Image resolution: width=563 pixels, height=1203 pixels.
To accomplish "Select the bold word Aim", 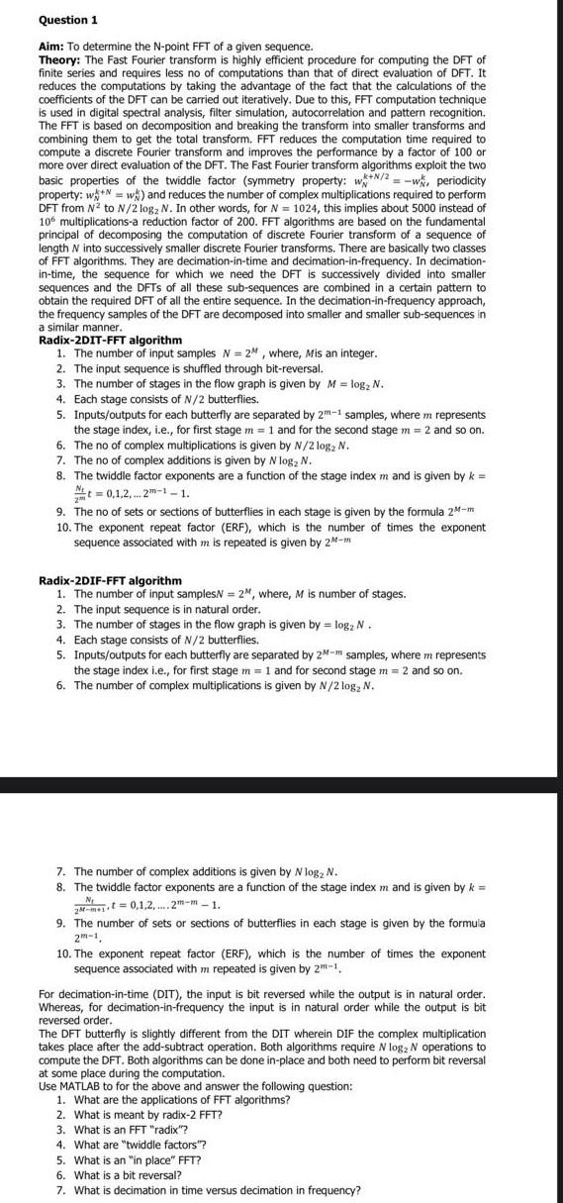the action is [x=51, y=47].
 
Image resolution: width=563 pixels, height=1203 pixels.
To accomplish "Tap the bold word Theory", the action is [x=63, y=59].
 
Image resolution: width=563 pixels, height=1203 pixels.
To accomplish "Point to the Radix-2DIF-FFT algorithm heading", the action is [x=96, y=580].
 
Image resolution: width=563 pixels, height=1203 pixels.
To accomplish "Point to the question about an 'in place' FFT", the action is [x=138, y=1159].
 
